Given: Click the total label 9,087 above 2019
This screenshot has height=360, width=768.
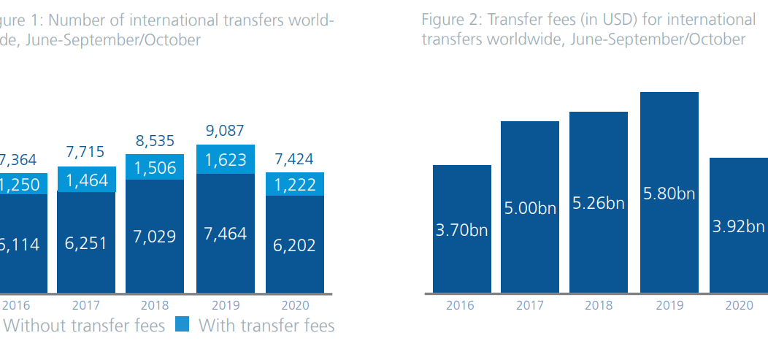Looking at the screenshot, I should pos(226,132).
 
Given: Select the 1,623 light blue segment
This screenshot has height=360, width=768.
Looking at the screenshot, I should pos(226,159).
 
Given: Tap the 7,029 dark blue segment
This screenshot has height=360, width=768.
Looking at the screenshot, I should pos(155,236).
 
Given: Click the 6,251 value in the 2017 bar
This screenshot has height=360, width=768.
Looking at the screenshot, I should pos(85,243).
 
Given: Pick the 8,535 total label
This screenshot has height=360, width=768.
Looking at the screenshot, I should pos(155,142).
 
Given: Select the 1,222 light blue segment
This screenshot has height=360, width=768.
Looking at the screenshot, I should pos(294,185).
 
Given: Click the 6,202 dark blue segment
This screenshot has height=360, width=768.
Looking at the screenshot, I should pos(294,245).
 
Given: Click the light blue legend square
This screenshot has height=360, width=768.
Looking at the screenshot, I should pos(182,325).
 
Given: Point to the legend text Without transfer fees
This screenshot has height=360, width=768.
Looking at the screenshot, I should pos(85,325).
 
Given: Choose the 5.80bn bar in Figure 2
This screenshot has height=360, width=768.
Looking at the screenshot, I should pos(669,194).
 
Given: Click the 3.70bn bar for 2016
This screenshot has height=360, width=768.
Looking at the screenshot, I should pos(461,229).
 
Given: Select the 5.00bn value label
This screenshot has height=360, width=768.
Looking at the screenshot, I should pos(530,208).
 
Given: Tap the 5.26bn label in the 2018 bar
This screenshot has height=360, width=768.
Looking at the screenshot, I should pos(599,203).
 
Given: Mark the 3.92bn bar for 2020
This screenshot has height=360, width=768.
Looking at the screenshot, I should pos(738,226).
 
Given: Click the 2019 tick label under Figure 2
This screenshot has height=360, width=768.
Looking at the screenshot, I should pos(669,305).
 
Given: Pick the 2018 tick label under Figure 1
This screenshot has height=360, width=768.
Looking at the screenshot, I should pos(155,305).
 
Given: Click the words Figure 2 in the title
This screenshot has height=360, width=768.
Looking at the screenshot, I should pos(446,20).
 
